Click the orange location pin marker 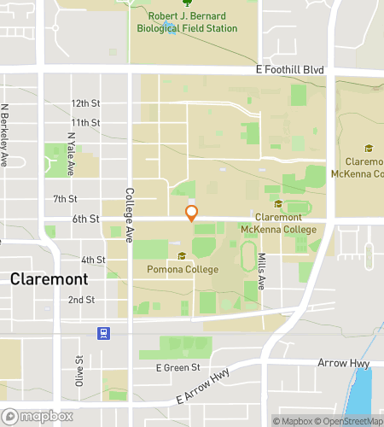click(x=192, y=213)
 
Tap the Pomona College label click(x=181, y=270)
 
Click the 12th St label click(x=86, y=103)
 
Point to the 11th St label click(x=86, y=123)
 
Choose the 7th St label click(x=65, y=199)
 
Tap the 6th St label click(x=86, y=219)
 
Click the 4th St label click(x=93, y=260)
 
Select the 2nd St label click(x=81, y=300)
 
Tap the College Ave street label click(x=130, y=213)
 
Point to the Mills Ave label click(x=262, y=269)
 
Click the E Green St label click(x=177, y=368)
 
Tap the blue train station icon click(x=103, y=332)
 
